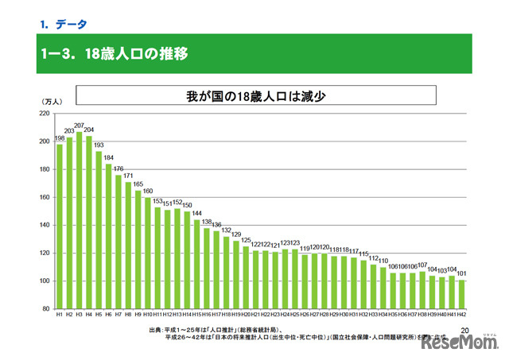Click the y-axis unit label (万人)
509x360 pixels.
coord(52,103)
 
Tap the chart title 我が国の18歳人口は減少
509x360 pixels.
coord(258,96)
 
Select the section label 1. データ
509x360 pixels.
coord(64,24)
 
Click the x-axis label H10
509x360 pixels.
coord(147,315)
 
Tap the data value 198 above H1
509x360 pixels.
coord(60,138)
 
